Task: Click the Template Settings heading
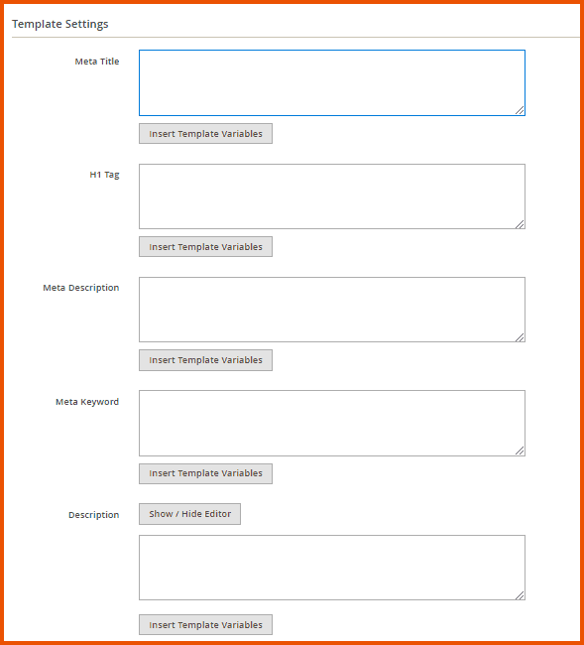click(x=60, y=23)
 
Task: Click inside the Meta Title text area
click(x=331, y=82)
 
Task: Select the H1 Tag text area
click(x=331, y=196)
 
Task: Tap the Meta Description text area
click(x=331, y=310)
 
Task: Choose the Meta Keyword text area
click(x=331, y=423)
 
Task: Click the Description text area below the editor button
click(x=331, y=568)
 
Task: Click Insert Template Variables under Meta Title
click(x=205, y=134)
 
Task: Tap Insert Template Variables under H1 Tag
click(x=205, y=247)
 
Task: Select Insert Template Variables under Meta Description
click(x=205, y=360)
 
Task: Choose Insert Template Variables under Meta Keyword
click(x=205, y=473)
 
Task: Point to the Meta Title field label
click(x=97, y=62)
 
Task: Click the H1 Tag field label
click(x=104, y=175)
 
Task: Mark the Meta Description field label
click(x=81, y=288)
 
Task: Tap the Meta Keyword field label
click(x=87, y=402)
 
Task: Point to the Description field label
click(x=93, y=515)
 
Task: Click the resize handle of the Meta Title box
click(x=520, y=110)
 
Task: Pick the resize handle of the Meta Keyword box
click(x=520, y=451)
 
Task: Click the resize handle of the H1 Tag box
click(x=520, y=223)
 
